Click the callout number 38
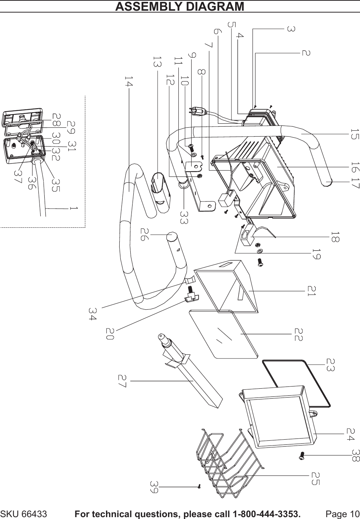click(356, 456)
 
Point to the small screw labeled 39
click(199, 487)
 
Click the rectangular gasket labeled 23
click(295, 384)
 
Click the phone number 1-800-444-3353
click(266, 514)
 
